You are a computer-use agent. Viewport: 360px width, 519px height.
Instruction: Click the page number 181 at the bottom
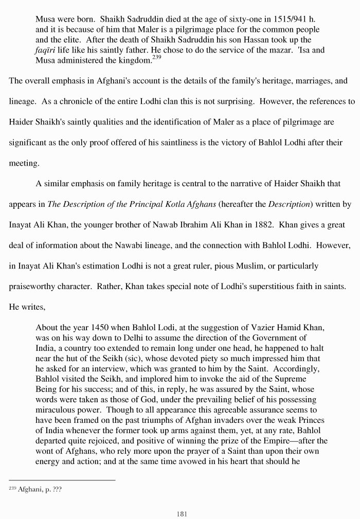[180, 513]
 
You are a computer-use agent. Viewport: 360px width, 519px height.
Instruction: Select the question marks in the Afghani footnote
[55, 490]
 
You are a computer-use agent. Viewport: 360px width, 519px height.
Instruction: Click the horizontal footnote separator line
[62, 480]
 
